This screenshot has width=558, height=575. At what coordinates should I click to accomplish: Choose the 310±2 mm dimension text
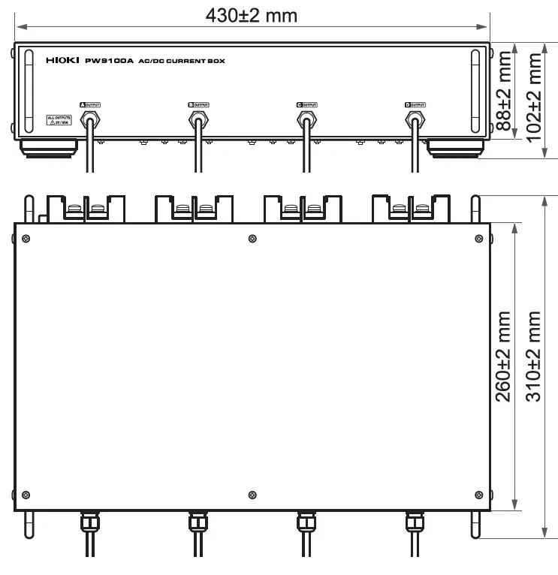pyautogui.click(x=535, y=357)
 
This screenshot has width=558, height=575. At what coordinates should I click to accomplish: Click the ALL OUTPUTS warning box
pyautogui.click(x=59, y=121)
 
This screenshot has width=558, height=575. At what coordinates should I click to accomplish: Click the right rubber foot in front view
pyautogui.click(x=455, y=148)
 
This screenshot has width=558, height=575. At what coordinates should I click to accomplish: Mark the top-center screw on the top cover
pyautogui.click(x=251, y=239)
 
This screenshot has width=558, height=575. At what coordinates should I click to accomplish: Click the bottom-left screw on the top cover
pyautogui.click(x=26, y=494)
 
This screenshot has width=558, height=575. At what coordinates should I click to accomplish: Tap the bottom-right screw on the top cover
pyautogui.click(x=476, y=494)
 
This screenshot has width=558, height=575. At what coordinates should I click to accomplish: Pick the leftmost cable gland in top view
pyautogui.click(x=88, y=520)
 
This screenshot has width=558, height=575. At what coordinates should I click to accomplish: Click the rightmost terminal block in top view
pyautogui.click(x=412, y=207)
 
